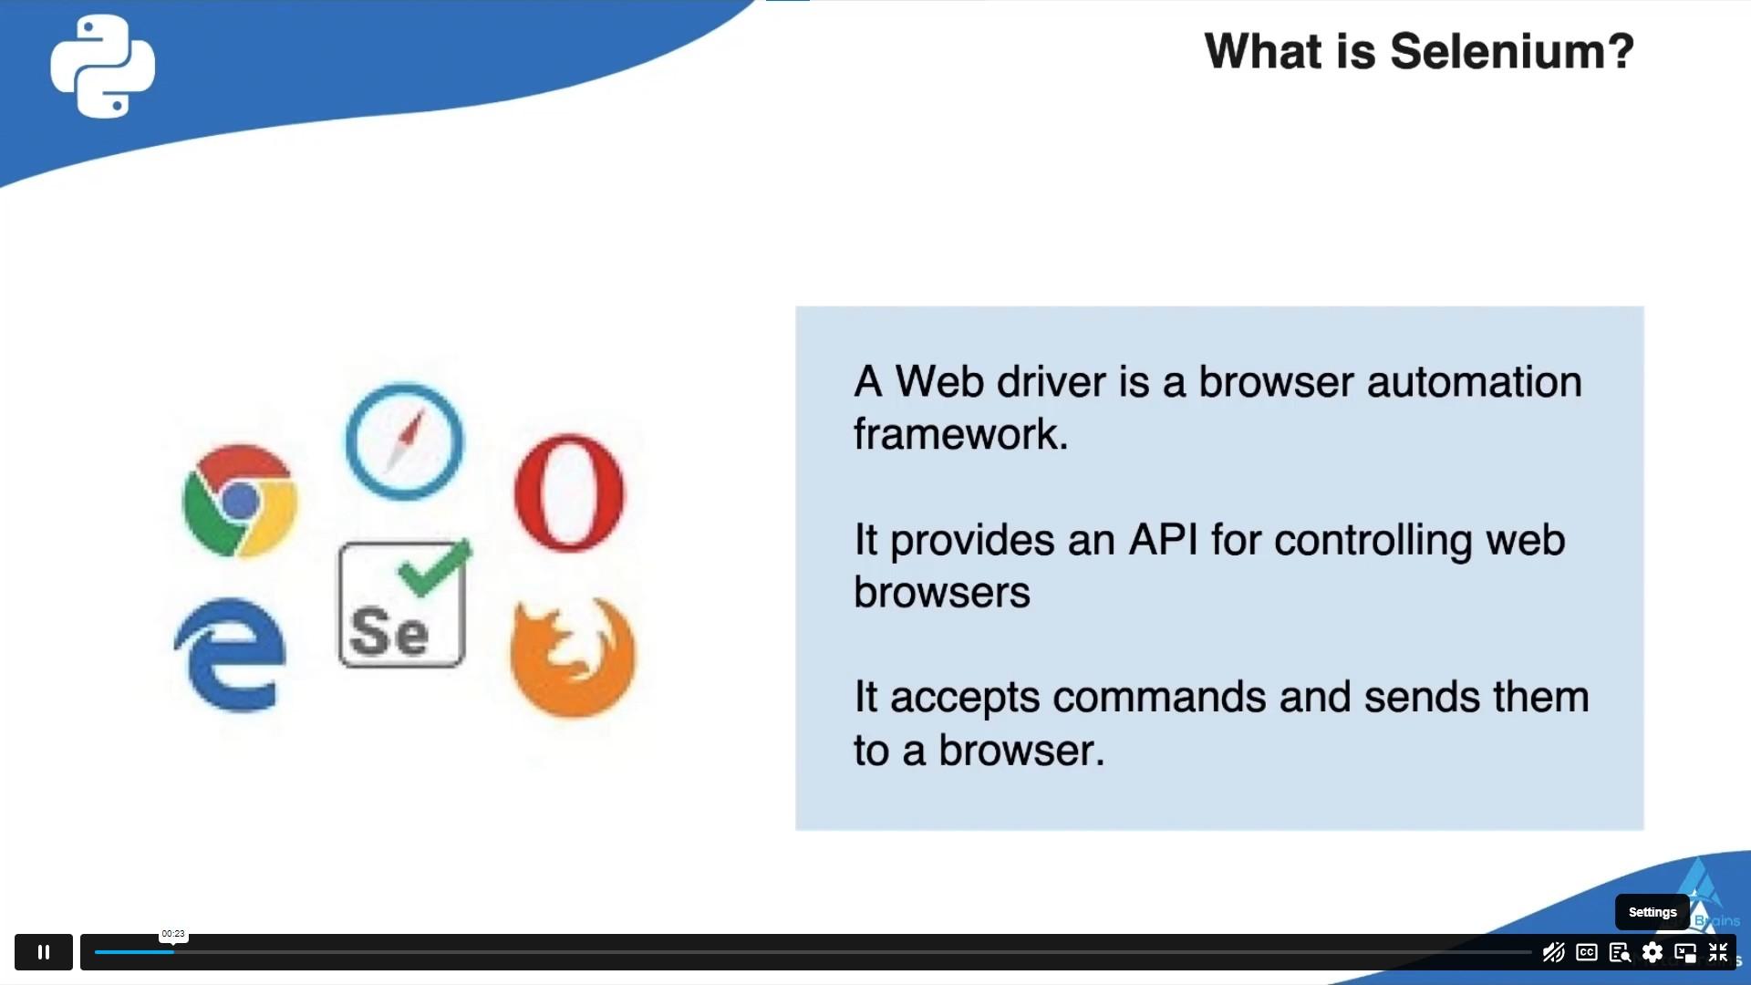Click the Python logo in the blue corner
pyautogui.click(x=102, y=66)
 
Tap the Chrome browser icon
pyautogui.click(x=240, y=500)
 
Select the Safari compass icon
pyautogui.click(x=404, y=441)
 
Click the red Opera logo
pyautogui.click(x=569, y=493)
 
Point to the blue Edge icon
pyautogui.click(x=231, y=654)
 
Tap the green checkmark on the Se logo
pyautogui.click(x=435, y=567)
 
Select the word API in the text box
pyautogui.click(x=1163, y=540)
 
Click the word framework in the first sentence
pyautogui.click(x=960, y=434)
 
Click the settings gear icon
pyautogui.click(x=1653, y=953)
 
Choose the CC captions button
pyautogui.click(x=1587, y=953)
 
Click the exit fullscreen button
pyautogui.click(x=1718, y=953)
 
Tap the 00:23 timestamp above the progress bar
pyautogui.click(x=173, y=934)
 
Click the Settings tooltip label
pyautogui.click(x=1653, y=912)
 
